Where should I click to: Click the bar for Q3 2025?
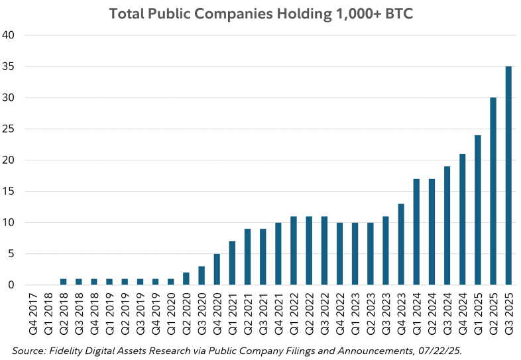pos(508,176)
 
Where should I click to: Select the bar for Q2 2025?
pos(493,191)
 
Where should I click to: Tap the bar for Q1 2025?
pos(478,210)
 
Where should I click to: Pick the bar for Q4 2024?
pos(463,219)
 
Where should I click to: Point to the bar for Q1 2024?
pos(416,232)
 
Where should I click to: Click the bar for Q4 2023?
pos(401,245)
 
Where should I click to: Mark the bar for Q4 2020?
pos(217,269)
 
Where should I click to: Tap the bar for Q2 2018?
pos(63,282)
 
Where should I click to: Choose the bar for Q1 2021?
pos(232,263)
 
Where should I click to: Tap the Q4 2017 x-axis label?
pos(32,314)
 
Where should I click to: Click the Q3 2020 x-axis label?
pos(202,314)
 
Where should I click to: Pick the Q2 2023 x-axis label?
pos(371,314)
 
